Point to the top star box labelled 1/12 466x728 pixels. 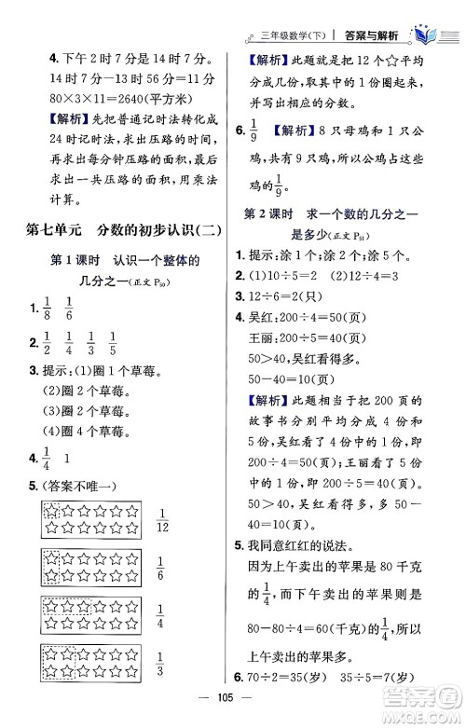86,518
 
